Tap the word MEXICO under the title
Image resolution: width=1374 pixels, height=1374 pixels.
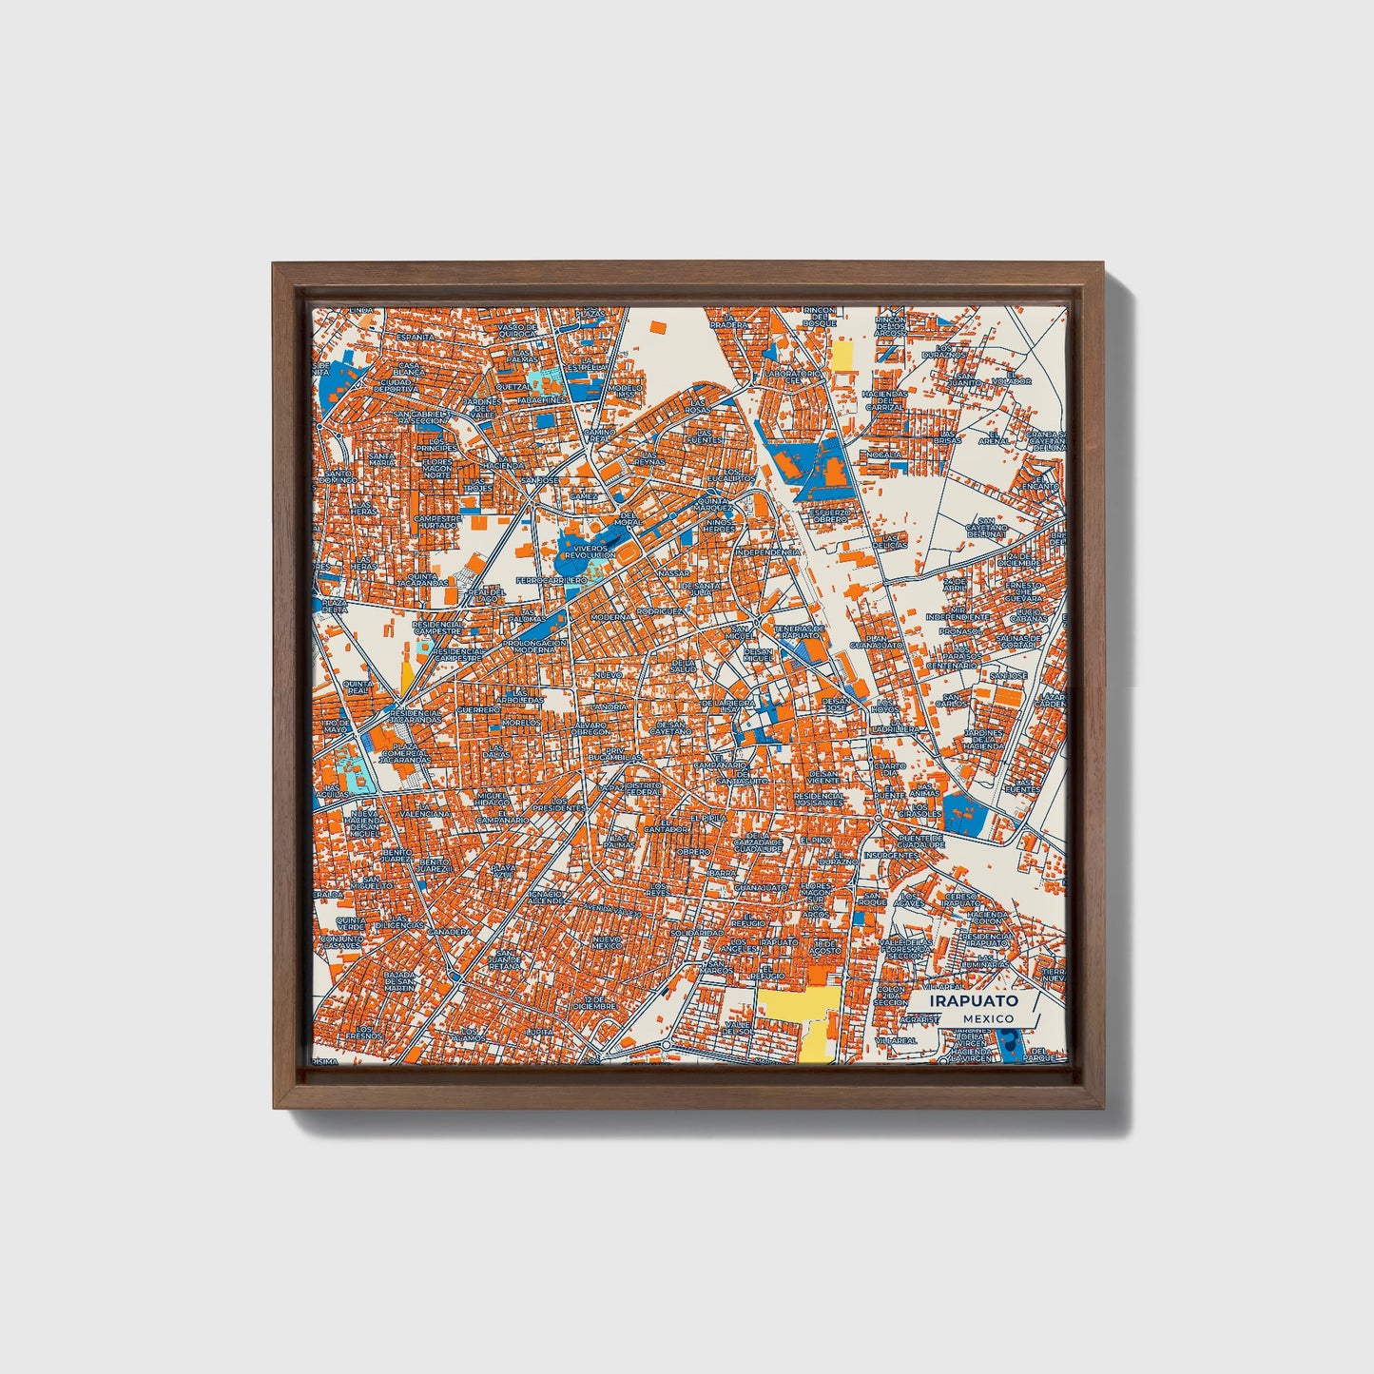click(987, 1018)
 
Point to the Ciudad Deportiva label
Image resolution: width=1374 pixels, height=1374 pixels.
click(396, 385)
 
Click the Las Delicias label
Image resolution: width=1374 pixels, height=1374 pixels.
click(892, 539)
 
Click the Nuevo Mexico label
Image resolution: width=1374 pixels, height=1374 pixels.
click(606, 942)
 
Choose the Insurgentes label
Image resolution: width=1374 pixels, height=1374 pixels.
click(892, 854)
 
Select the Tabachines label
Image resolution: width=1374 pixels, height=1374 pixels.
click(543, 401)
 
